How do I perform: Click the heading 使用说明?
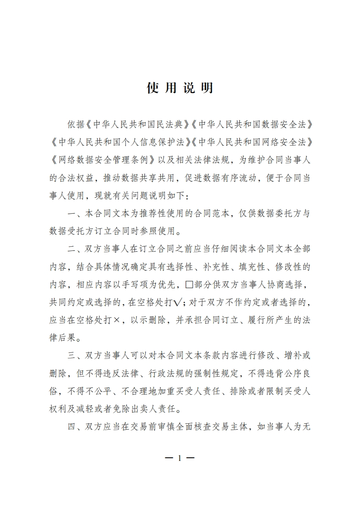point(180,88)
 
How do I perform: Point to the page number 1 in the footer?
point(180,458)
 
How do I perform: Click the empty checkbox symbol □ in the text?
point(190,285)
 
